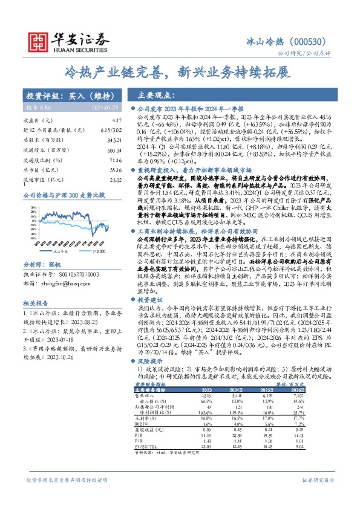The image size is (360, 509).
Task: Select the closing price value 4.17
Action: [x=107, y=121]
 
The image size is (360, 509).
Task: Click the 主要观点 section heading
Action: [x=155, y=95]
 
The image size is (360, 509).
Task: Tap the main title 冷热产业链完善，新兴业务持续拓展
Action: [x=180, y=73]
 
